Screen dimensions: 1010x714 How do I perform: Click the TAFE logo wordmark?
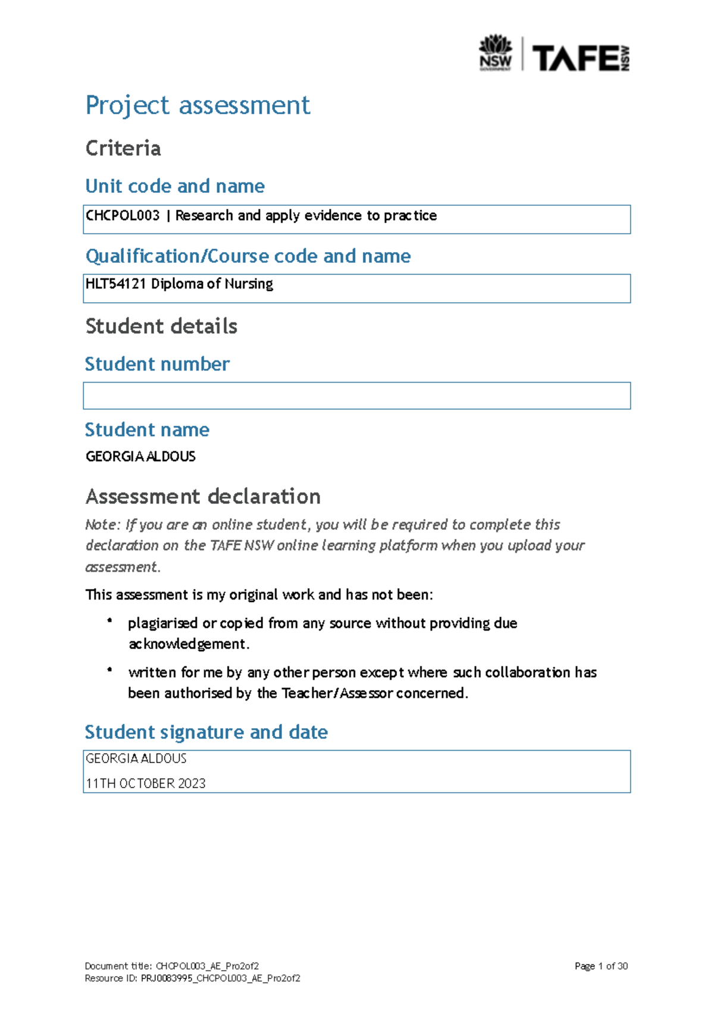coord(575,58)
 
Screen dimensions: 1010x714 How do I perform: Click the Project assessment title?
coord(198,105)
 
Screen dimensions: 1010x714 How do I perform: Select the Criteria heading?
coord(123,148)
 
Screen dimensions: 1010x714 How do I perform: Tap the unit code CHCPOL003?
coord(123,215)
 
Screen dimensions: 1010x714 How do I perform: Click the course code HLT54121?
coord(115,284)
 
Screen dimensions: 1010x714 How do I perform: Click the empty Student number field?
coord(356,396)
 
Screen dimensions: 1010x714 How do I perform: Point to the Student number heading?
coord(157,363)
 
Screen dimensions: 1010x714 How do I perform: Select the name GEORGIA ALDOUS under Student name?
coord(140,456)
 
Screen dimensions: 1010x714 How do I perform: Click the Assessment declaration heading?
coord(203,496)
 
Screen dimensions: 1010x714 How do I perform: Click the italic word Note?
coord(102,525)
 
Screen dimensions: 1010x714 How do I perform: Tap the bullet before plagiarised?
coord(110,621)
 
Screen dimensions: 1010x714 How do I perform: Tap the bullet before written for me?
coord(110,670)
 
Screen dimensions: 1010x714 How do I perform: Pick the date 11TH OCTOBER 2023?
coord(146,783)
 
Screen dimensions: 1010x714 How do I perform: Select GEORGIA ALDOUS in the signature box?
coord(136,758)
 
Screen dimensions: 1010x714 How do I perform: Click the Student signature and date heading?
coord(206,732)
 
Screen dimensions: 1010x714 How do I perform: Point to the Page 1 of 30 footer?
coord(601,966)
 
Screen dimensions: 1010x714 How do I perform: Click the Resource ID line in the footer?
coord(192,978)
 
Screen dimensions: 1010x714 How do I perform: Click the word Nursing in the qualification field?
coord(249,284)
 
